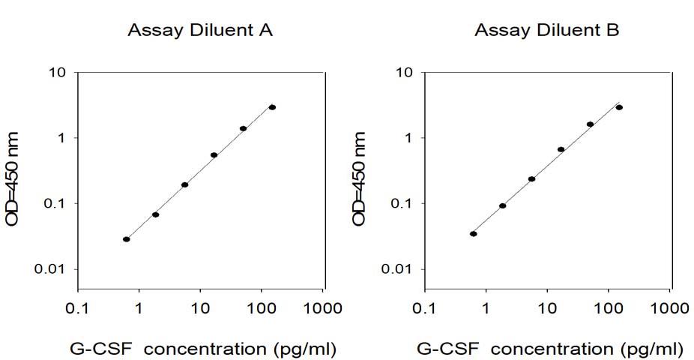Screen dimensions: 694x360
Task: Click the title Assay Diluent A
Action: point(200,31)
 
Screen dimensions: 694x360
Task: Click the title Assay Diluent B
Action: point(547,31)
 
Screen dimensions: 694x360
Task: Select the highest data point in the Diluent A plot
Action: point(272,107)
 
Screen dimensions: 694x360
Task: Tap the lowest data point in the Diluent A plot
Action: point(127,239)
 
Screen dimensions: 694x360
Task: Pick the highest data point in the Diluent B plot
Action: point(619,107)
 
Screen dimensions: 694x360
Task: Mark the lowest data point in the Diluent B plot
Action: point(474,234)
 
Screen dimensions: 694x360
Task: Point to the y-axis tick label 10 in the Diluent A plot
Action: point(56,72)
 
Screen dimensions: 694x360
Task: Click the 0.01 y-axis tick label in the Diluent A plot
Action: point(49,268)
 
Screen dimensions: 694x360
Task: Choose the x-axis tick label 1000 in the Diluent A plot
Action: point(322,307)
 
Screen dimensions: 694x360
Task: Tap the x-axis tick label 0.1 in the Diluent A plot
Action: point(77,307)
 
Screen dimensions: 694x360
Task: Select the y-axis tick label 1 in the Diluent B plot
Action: point(407,138)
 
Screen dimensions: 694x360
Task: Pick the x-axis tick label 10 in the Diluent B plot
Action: point(548,307)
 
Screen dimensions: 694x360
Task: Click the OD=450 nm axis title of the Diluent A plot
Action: point(13,179)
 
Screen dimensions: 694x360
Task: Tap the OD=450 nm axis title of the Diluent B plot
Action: point(360,179)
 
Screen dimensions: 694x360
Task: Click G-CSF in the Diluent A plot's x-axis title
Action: point(101,349)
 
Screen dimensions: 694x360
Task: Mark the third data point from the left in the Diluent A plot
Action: point(185,184)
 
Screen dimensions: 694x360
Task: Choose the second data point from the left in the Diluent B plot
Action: point(502,205)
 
